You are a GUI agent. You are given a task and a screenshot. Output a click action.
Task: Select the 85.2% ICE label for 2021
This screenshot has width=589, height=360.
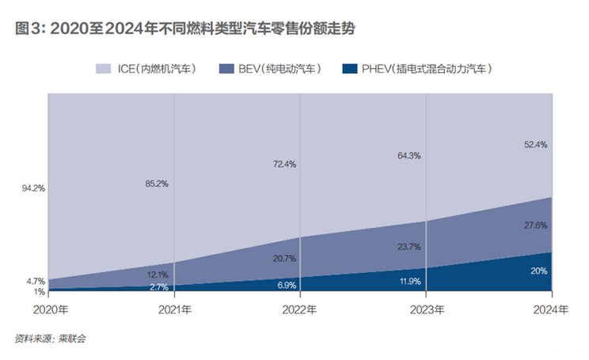(157, 184)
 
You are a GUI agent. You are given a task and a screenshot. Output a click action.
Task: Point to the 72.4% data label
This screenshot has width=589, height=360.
(283, 164)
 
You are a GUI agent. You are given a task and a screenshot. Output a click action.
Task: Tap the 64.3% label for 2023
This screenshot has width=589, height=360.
(409, 155)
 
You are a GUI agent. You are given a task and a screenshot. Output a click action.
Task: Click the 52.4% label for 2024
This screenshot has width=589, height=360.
(536, 145)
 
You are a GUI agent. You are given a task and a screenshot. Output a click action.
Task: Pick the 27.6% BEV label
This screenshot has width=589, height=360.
(536, 225)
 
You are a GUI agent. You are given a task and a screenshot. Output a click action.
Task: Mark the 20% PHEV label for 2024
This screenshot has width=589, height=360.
(539, 271)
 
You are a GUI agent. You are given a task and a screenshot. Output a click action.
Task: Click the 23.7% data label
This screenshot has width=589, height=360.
(409, 247)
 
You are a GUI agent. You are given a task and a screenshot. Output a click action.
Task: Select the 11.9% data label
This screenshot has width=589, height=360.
(409, 281)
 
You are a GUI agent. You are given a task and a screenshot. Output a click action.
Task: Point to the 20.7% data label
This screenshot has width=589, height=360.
(283, 259)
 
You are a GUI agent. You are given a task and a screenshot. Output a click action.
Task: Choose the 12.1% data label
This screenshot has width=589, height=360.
(157, 274)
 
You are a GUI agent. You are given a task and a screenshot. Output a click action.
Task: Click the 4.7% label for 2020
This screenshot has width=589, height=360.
(35, 281)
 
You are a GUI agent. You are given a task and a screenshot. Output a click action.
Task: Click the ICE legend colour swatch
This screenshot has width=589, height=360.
(105, 69)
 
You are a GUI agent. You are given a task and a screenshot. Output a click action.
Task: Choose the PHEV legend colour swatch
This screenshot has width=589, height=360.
(351, 69)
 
